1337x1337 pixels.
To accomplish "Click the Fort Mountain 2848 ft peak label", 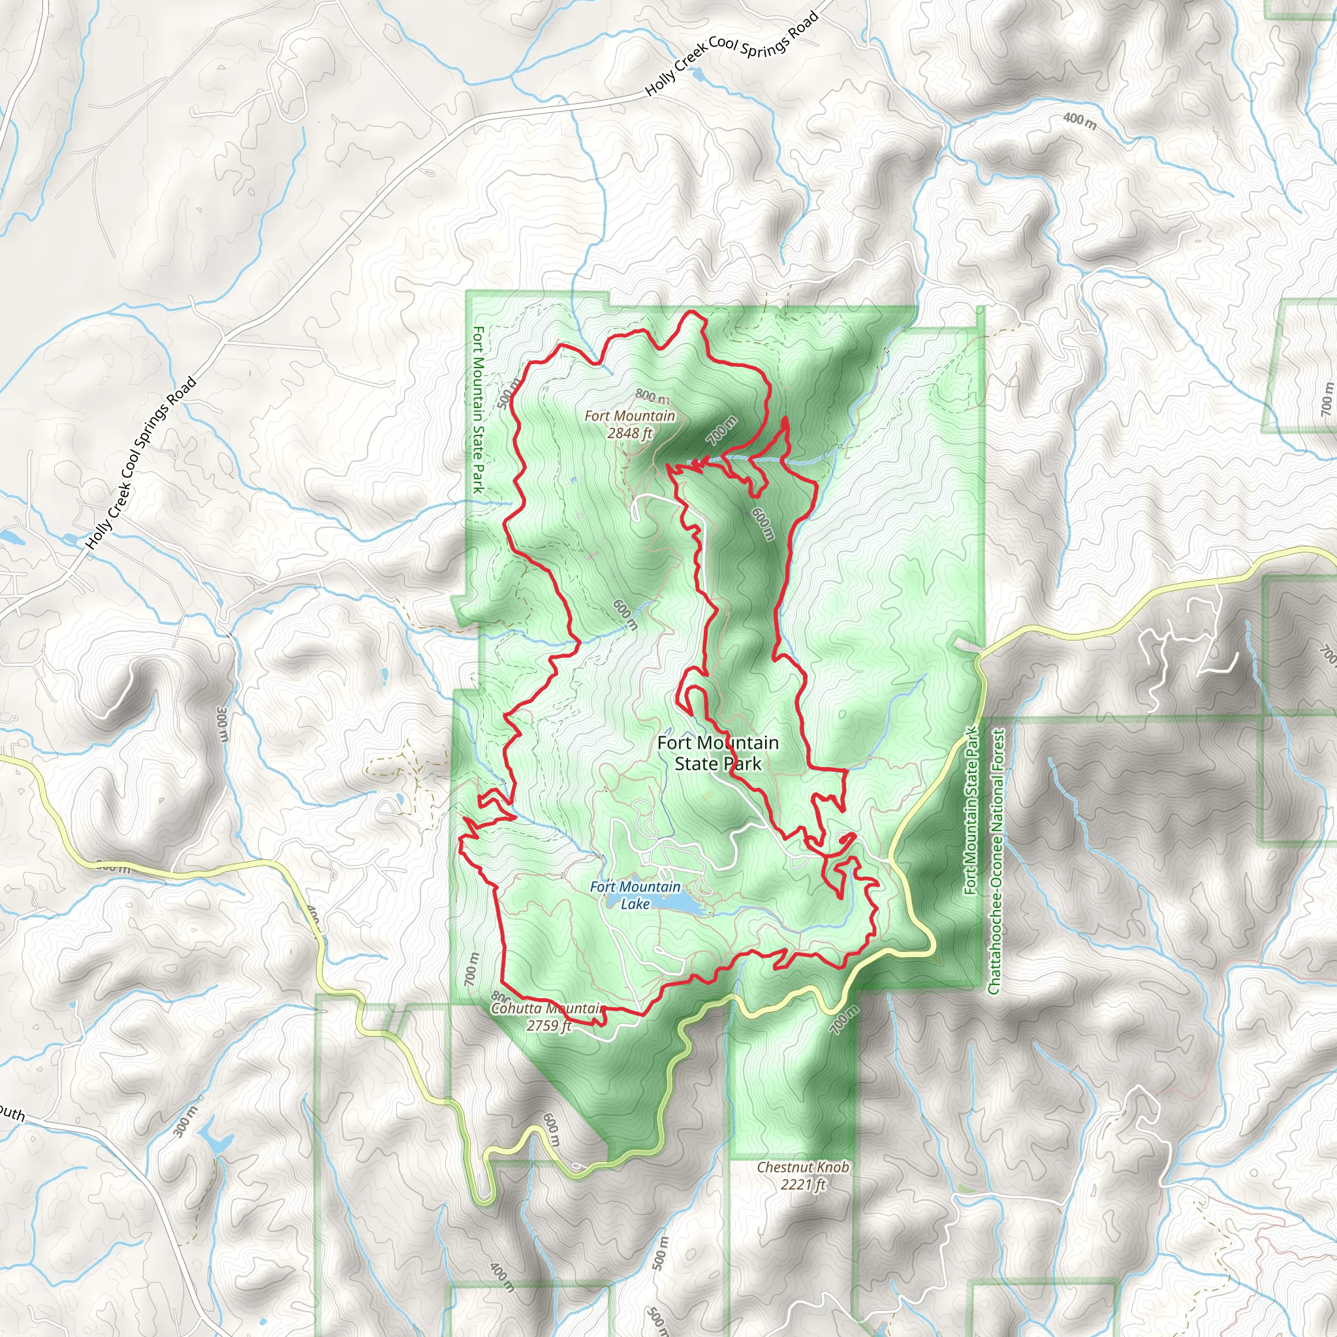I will click(629, 424).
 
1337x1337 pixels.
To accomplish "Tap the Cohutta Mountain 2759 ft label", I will click(547, 1016).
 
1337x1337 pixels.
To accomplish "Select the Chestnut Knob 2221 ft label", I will click(802, 1175).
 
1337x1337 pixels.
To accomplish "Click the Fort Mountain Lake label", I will click(635, 895).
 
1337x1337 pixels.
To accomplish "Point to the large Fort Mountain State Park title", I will click(717, 753).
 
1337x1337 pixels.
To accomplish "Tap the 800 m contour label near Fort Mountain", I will click(652, 396).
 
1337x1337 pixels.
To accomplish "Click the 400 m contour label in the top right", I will click(1080, 121).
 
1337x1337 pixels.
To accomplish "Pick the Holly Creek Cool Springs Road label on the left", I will click(141, 464).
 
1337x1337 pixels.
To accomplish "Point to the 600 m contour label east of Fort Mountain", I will click(762, 524).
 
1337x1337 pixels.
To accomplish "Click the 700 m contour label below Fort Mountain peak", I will click(722, 431).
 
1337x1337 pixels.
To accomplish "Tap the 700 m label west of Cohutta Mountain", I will click(471, 969).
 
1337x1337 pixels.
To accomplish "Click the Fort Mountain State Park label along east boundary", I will click(972, 810).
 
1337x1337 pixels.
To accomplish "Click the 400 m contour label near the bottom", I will click(503, 1278).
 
